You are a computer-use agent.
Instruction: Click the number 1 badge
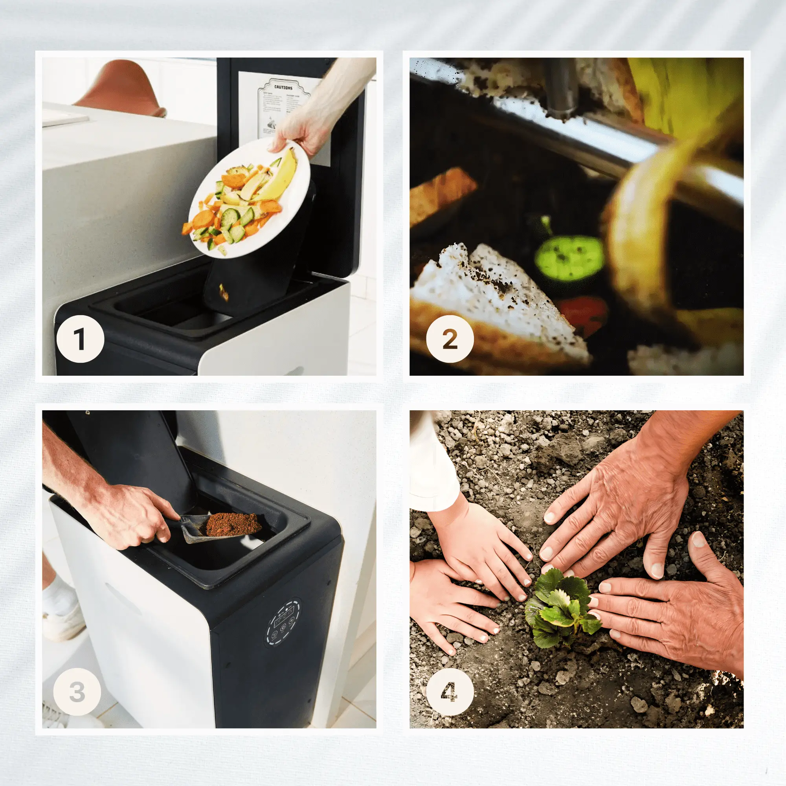point(80,339)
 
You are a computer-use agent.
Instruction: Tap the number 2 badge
point(450,339)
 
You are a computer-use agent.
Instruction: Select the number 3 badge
point(77,692)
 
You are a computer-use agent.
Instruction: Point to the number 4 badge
point(450,692)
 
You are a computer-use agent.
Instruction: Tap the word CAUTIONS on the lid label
point(283,88)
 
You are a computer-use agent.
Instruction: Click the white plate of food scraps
point(249,197)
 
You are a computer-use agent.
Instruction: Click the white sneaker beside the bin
point(63,618)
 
